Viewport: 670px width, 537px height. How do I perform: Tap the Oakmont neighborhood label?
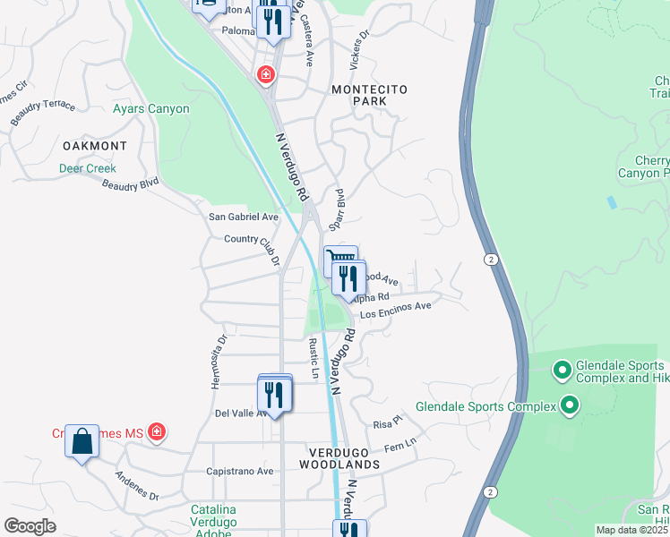tap(94, 145)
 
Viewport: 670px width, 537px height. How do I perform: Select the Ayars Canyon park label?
tap(150, 109)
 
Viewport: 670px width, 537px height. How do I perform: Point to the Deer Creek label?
tap(88, 168)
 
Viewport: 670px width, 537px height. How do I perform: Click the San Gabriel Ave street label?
tap(243, 217)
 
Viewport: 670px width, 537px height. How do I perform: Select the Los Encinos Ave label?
tap(396, 310)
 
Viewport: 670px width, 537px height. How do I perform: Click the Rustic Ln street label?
tap(314, 358)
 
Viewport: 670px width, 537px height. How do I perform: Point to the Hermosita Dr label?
tap(216, 362)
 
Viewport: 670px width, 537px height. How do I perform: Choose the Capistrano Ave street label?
tap(239, 471)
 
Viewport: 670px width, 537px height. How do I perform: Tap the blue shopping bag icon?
tap(82, 441)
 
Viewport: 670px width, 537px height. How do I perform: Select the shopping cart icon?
tap(339, 259)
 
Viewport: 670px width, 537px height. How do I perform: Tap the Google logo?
tap(30, 526)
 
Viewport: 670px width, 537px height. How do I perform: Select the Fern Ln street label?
tap(399, 443)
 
